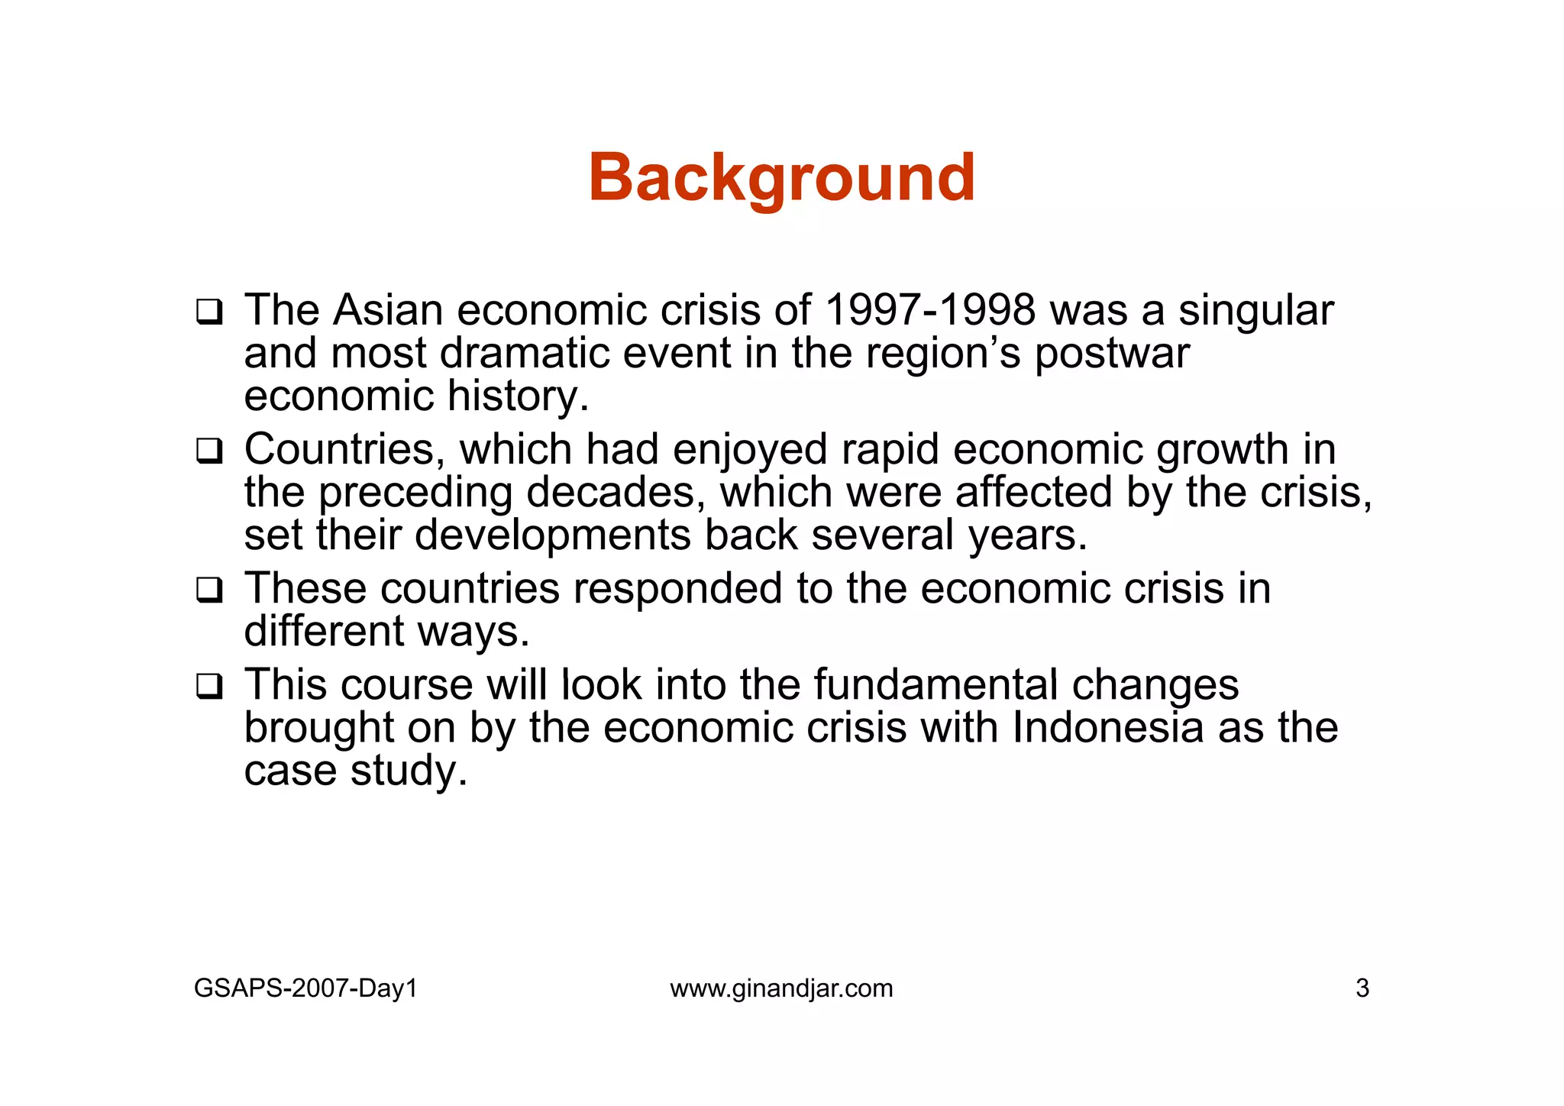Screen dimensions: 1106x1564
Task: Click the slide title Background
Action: coord(781,178)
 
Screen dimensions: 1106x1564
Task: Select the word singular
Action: coord(1255,312)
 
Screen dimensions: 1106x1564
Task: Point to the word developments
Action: coord(552,536)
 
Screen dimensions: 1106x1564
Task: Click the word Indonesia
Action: coord(1107,727)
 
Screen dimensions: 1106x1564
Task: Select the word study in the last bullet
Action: coord(408,771)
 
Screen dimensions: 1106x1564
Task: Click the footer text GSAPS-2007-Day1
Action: coord(305,988)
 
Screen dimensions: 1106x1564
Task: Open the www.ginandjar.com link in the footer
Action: coord(781,988)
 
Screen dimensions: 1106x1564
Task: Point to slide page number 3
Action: coord(1362,988)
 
